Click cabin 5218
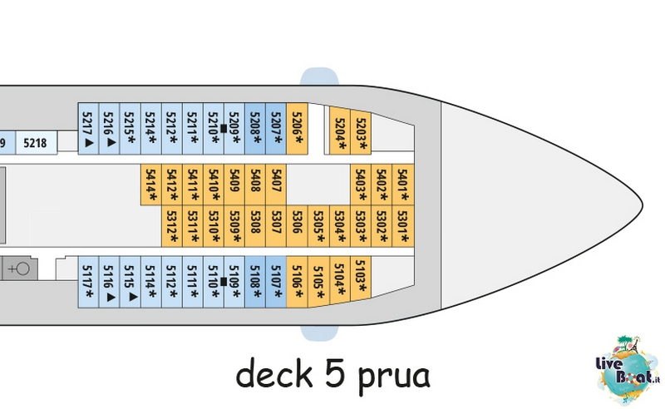[36, 143]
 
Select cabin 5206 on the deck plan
[298, 129]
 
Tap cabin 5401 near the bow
[403, 185]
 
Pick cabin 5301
[403, 226]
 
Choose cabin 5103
[361, 277]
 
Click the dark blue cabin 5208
[255, 129]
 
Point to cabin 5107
[276, 282]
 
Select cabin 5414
[151, 185]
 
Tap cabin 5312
[172, 226]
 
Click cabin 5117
[88, 282]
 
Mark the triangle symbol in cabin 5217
[89, 142]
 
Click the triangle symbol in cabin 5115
[133, 297]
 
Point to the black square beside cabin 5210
[224, 129]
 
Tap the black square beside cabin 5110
[224, 282]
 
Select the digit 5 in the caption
[337, 372]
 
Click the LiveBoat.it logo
[628, 369]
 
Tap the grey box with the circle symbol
[20, 269]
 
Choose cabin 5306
[298, 226]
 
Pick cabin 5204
[340, 130]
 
